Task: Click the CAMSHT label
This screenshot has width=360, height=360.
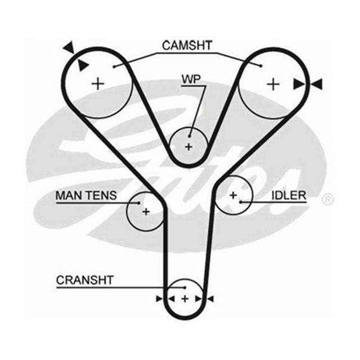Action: point(187,46)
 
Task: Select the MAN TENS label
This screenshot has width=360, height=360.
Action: point(86,195)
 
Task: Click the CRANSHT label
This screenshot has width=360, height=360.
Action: point(85,280)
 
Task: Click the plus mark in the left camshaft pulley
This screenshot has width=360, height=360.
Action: point(98,84)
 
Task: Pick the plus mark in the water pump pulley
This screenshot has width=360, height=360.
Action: point(188,147)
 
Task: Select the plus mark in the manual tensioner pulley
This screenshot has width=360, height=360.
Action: point(146,212)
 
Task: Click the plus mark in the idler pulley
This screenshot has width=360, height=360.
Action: point(232,195)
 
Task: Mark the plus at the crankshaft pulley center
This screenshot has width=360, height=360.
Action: point(184,298)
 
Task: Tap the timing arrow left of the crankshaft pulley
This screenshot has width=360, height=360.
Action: point(159,298)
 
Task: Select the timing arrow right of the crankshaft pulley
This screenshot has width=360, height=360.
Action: point(210,298)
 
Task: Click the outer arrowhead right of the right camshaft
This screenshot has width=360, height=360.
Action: point(317,84)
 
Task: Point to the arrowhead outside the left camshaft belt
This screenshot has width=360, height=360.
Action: point(69,47)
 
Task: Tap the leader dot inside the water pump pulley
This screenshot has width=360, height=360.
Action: point(190,135)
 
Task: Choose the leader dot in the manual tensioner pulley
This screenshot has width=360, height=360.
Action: point(139,201)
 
